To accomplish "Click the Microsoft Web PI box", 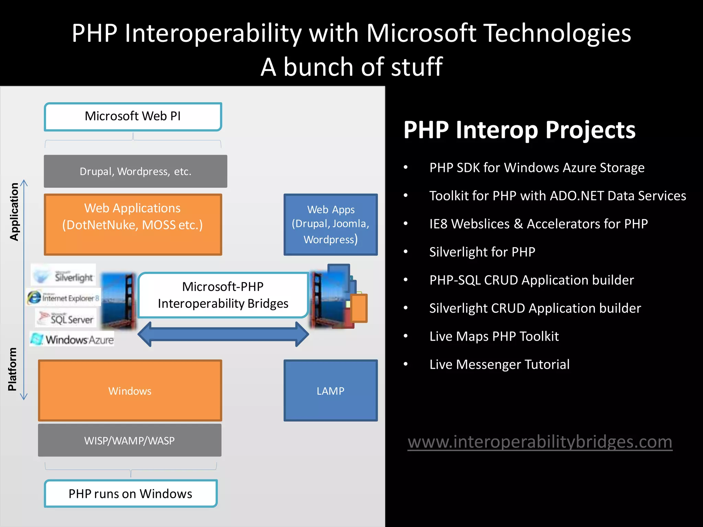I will (133, 117).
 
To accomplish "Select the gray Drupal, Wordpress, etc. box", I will (135, 171).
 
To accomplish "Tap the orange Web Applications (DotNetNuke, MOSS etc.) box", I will (133, 225).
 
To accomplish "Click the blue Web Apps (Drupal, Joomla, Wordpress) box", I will (331, 225).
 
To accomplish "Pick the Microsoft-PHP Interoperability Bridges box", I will (223, 295).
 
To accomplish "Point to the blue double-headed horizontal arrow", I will (223, 334).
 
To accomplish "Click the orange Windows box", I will (130, 390).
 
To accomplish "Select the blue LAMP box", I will (331, 390).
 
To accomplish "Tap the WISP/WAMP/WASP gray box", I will (129, 440).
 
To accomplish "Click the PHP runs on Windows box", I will (130, 493).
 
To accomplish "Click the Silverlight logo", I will (64, 275).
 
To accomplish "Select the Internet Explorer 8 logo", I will (64, 297).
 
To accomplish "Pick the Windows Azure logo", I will (72, 339).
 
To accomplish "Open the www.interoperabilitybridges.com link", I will (540, 442).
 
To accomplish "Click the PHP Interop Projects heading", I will (519, 130).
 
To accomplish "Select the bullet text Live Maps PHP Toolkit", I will (494, 336).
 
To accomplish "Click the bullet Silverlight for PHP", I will (482, 252).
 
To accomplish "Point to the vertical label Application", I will (14, 211).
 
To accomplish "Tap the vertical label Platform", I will (12, 369).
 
